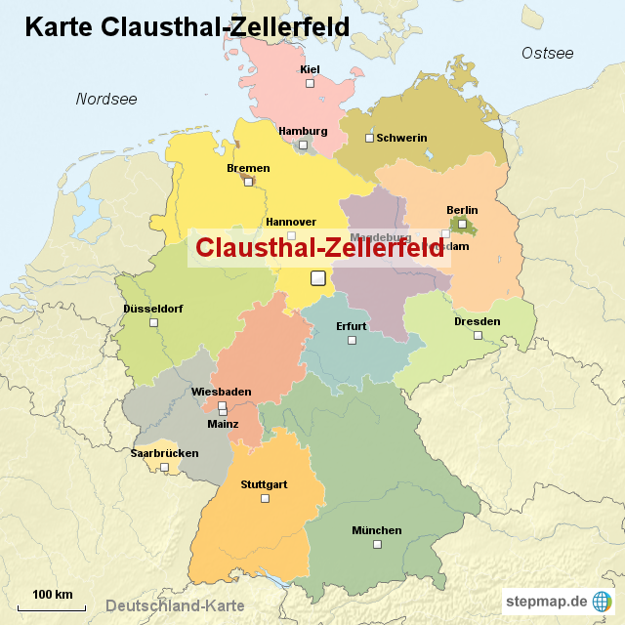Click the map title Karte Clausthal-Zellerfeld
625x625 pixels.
click(x=187, y=26)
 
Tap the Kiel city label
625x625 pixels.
click(x=310, y=69)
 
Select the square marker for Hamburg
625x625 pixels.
click(x=303, y=145)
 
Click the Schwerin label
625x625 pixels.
click(x=401, y=138)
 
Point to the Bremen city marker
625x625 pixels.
click(x=248, y=181)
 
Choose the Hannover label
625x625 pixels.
click(x=291, y=222)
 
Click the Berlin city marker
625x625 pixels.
click(x=462, y=224)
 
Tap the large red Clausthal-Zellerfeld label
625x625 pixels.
click(x=319, y=248)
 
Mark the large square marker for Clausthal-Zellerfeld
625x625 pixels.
click(x=317, y=278)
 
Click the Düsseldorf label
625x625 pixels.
click(x=153, y=309)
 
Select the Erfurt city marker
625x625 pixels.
click(x=352, y=340)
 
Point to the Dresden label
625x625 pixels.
click(x=477, y=321)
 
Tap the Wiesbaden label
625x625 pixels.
click(x=221, y=392)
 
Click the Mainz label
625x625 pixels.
click(x=223, y=424)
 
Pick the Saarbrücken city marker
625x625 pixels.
click(x=164, y=468)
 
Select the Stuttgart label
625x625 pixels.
click(x=264, y=484)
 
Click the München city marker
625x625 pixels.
click(x=376, y=545)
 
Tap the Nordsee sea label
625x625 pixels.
click(x=106, y=99)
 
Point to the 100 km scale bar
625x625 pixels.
click(x=53, y=604)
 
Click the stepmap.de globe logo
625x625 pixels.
click(x=604, y=601)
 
